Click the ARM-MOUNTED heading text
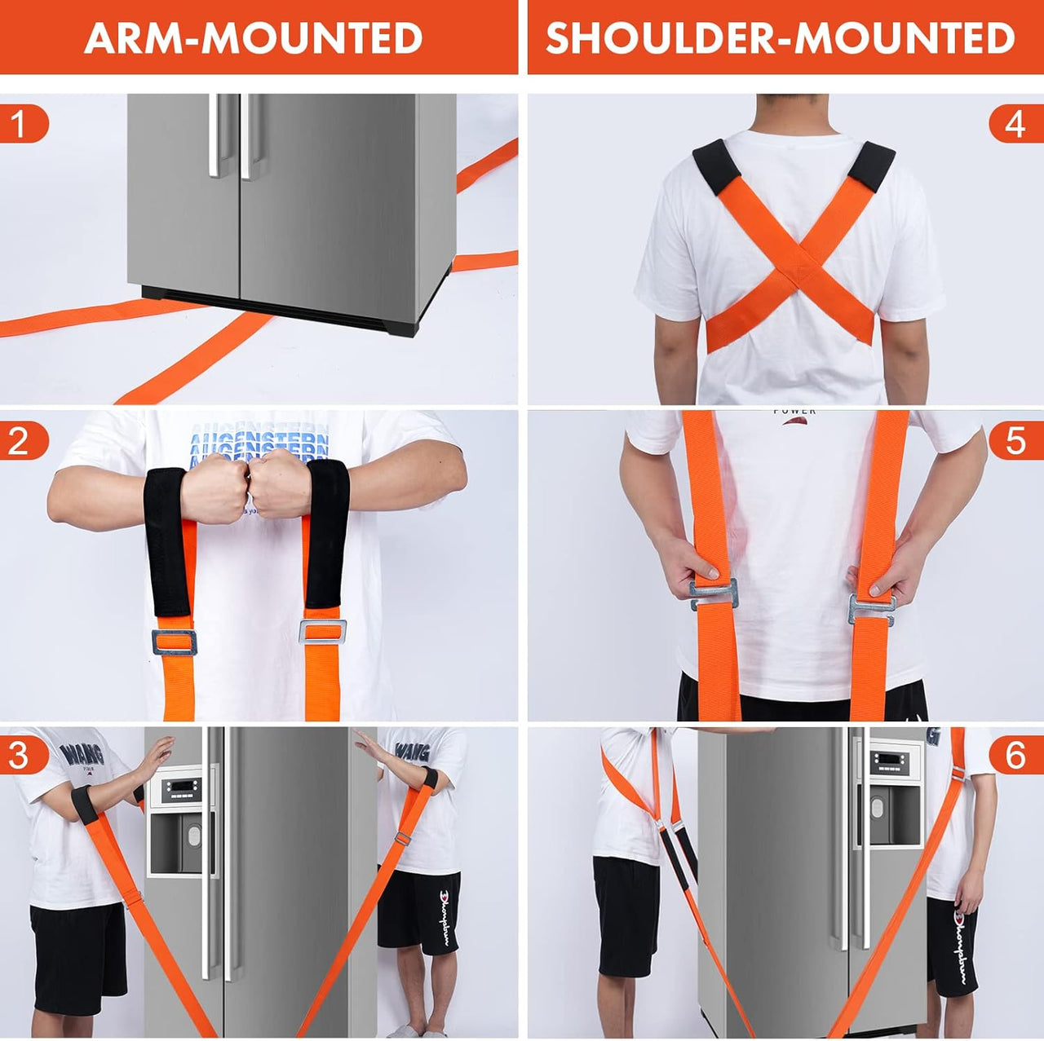pyautogui.click(x=253, y=37)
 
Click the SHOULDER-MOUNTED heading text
pyautogui.click(x=780, y=37)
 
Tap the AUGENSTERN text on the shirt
pyautogui.click(x=259, y=444)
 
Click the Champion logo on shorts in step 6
pyautogui.click(x=962, y=946)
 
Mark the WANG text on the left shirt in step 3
pyautogui.click(x=84, y=754)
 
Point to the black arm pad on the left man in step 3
pyautogui.click(x=84, y=804)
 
